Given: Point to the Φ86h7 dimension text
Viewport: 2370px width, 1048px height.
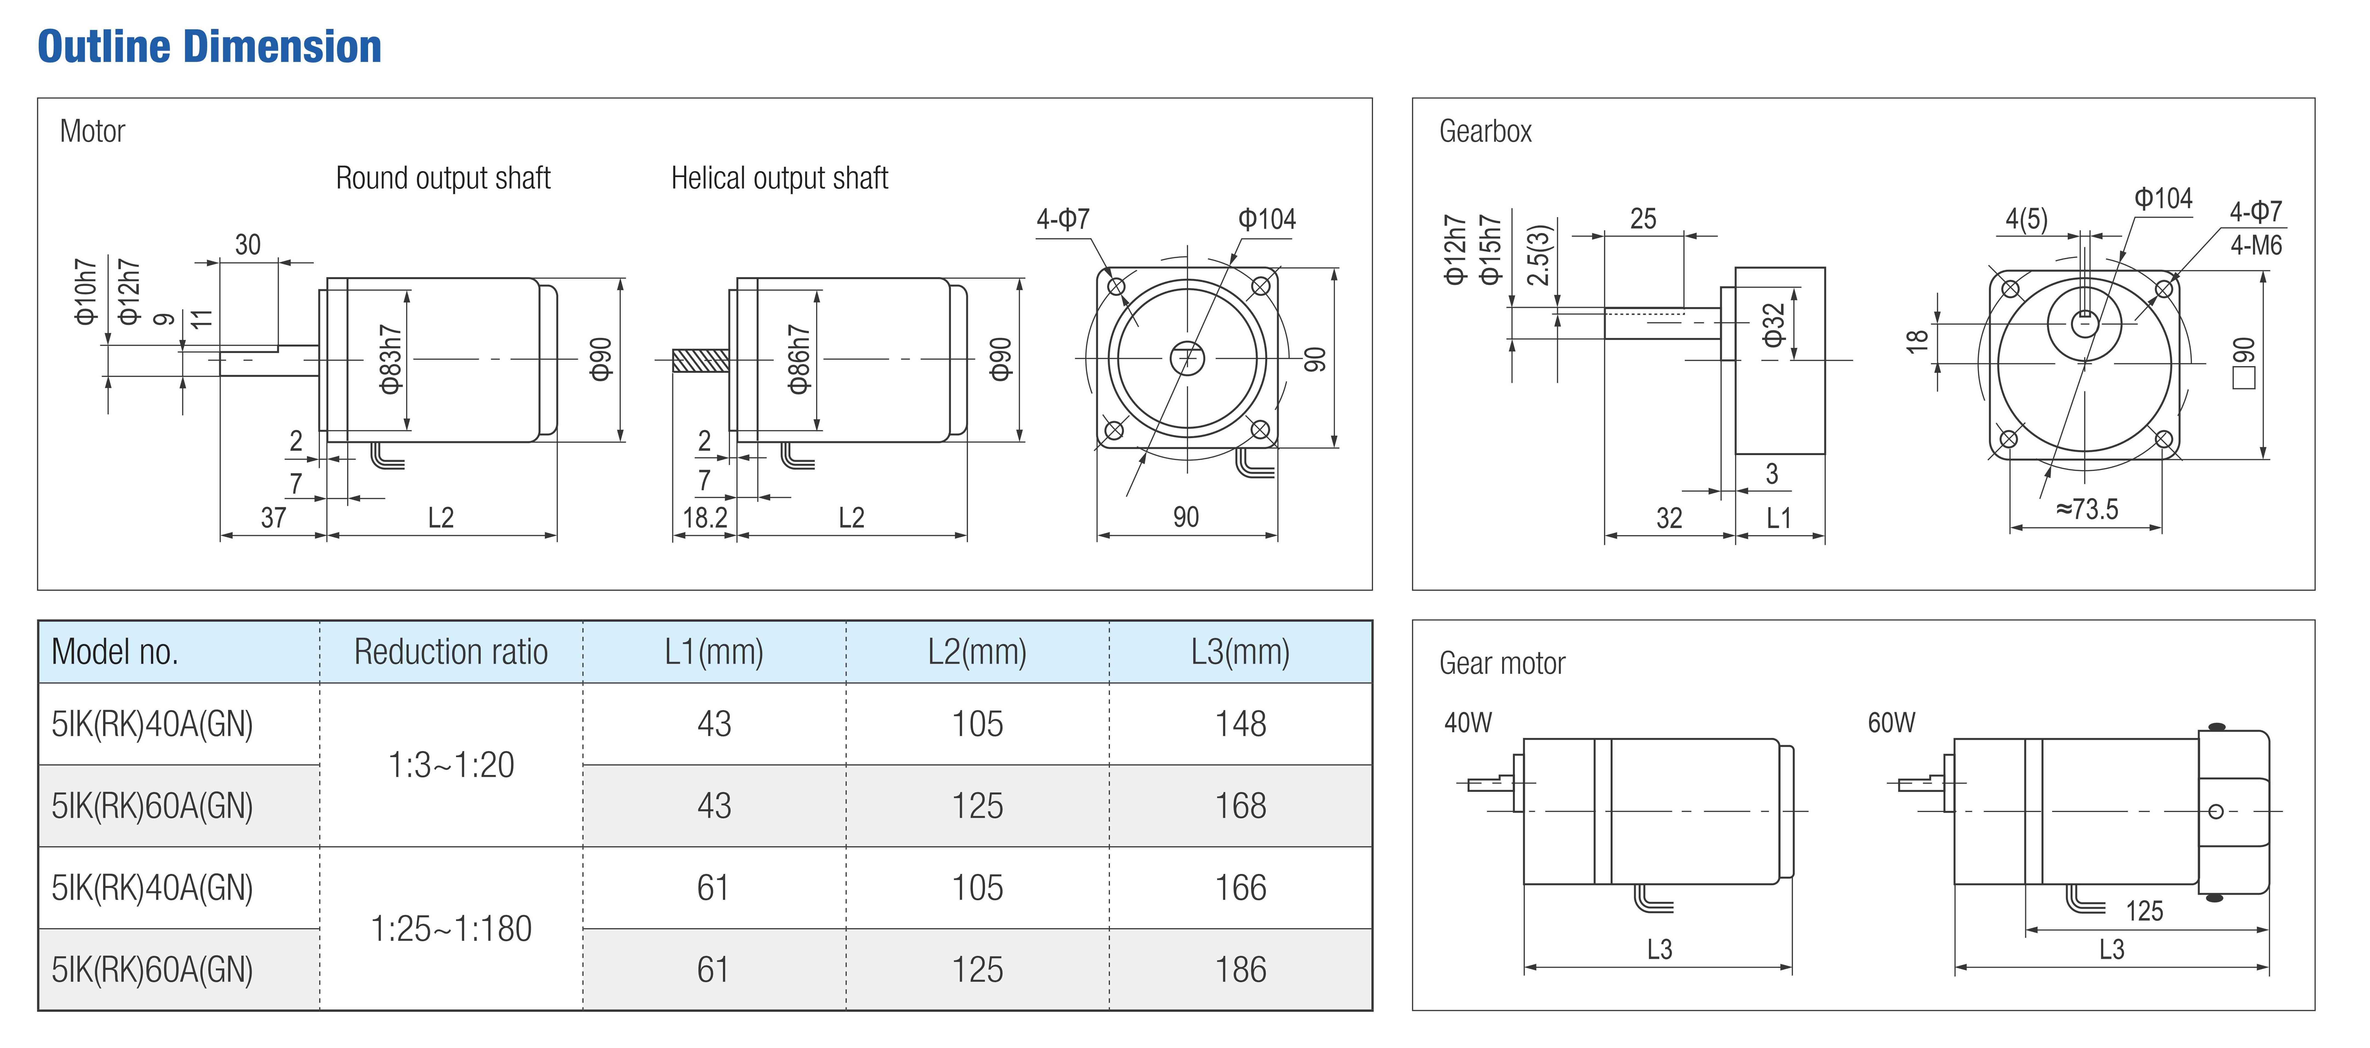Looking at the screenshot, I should [799, 359].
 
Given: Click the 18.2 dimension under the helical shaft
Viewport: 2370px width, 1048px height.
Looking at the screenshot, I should [705, 518].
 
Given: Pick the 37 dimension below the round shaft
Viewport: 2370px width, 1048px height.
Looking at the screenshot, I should [273, 518].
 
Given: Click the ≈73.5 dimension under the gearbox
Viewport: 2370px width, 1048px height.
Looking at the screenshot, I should [2087, 509].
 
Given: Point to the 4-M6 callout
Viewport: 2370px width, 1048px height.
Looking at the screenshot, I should [2256, 246].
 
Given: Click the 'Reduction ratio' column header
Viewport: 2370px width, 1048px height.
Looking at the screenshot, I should [451, 652].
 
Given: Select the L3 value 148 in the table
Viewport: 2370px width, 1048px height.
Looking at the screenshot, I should [1240, 724].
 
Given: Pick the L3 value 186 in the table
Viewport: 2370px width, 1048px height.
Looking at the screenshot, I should [1240, 970].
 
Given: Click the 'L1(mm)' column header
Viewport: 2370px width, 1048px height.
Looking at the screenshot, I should [714, 652].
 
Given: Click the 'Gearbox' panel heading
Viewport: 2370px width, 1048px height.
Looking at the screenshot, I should [1485, 132].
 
